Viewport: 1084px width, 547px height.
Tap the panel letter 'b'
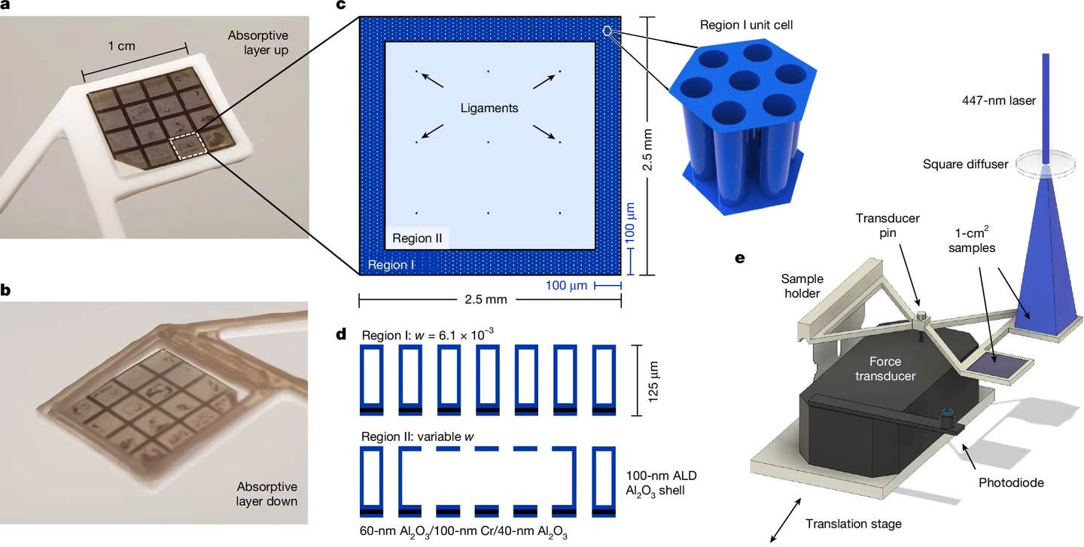[x=7, y=290]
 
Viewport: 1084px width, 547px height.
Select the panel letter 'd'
[x=343, y=333]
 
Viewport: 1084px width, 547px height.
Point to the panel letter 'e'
[x=740, y=258]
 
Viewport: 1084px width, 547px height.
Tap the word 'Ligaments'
[x=489, y=108]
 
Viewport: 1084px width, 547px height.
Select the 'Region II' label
[x=419, y=239]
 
